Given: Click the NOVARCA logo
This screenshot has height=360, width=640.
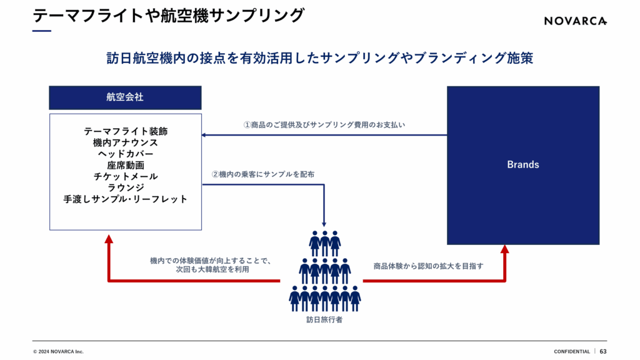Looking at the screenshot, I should [x=575, y=21].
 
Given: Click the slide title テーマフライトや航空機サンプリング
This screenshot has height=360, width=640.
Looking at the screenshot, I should [x=168, y=15].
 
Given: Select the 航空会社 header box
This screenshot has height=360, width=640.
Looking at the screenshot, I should [x=126, y=97].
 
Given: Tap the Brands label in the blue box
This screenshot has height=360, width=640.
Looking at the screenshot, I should [x=522, y=165].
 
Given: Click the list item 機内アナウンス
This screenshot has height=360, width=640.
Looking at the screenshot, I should [x=126, y=143].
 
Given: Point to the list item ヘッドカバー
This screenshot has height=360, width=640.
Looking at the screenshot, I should [x=126, y=154].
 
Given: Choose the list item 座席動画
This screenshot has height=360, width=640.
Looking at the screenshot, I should [x=126, y=166].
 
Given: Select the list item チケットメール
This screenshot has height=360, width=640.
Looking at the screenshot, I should [x=126, y=177].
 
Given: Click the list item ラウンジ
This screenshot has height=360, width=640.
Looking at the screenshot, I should [x=126, y=188].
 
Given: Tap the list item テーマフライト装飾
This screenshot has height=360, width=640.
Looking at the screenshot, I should [x=126, y=132].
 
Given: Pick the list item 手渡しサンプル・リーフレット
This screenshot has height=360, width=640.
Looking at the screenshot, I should [x=126, y=199].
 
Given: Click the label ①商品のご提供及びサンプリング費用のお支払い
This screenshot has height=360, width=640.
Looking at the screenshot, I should [x=324, y=125].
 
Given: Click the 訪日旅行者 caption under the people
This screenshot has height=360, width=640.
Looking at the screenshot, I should [x=324, y=320].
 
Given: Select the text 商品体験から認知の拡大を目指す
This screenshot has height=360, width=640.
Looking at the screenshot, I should [x=428, y=266].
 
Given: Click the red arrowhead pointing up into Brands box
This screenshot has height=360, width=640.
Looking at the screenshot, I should [x=505, y=250].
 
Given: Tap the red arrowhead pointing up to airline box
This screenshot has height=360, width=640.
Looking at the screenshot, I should [x=109, y=239].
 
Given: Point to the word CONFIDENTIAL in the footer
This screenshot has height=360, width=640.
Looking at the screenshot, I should [x=571, y=351].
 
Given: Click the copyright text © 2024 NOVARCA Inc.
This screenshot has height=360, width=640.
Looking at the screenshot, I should [x=58, y=351].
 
